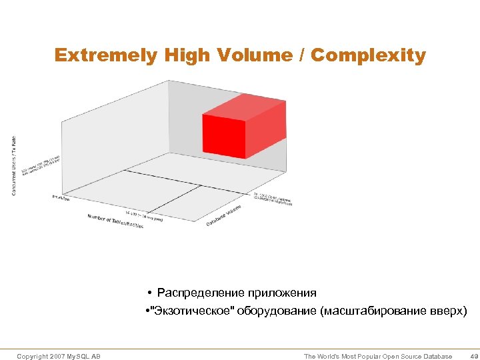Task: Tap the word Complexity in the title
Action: [x=369, y=55]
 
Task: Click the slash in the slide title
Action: [x=301, y=55]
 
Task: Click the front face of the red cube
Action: [x=224, y=136]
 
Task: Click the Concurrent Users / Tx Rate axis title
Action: [x=15, y=166]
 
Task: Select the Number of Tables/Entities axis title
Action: [x=115, y=221]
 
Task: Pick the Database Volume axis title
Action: [x=224, y=215]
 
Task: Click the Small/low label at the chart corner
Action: [x=61, y=197]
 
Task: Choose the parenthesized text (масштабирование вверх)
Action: [x=394, y=311]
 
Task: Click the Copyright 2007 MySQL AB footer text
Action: [x=59, y=357]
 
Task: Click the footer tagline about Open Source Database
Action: [x=377, y=357]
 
